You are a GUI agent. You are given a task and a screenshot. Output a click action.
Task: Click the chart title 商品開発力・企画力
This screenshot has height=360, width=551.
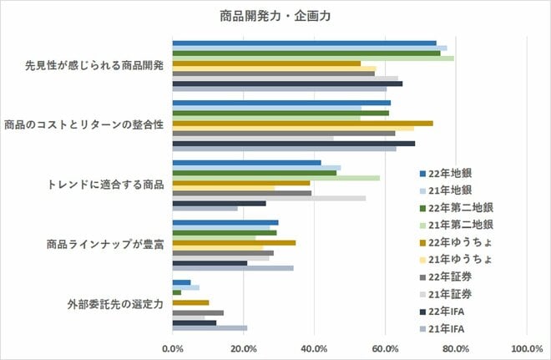point(276,15)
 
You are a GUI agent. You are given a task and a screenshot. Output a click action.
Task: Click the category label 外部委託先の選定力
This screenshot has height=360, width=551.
point(114,304)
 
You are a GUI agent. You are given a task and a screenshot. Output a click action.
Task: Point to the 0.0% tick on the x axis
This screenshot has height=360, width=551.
point(173,347)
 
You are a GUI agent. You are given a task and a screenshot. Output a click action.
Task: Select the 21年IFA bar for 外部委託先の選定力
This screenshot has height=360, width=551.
point(210,328)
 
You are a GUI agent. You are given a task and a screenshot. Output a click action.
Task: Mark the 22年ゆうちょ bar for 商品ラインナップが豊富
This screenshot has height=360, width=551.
point(234,242)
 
